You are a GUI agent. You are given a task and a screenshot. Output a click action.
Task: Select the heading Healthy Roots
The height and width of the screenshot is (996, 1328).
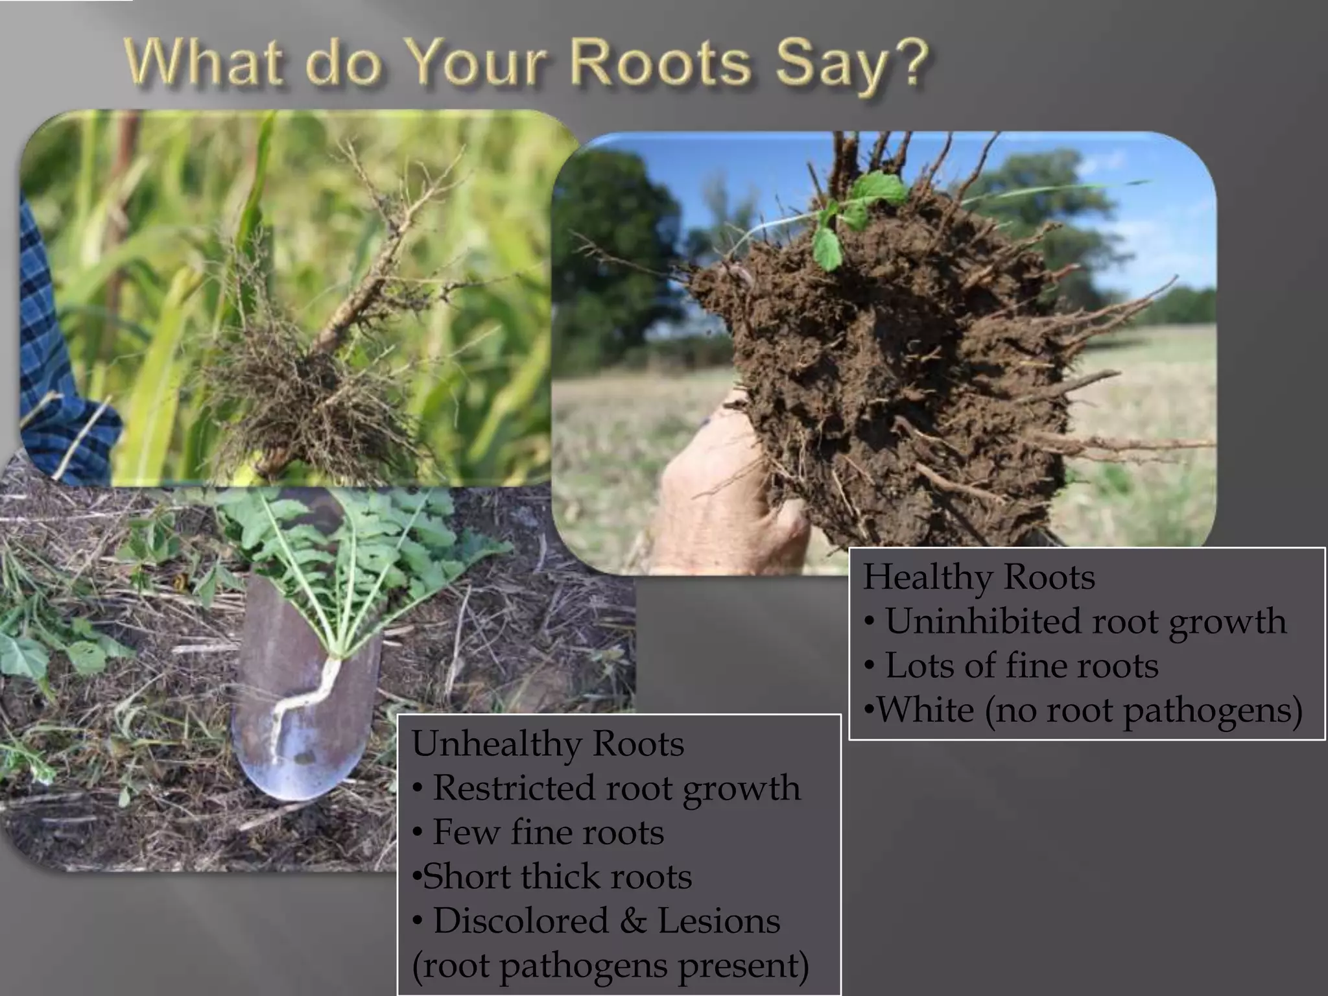pyautogui.click(x=978, y=577)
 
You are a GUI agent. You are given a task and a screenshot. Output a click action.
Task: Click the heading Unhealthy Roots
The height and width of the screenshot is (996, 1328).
pyautogui.click(x=548, y=744)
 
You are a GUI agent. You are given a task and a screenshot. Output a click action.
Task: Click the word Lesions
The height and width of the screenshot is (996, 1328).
pyautogui.click(x=718, y=921)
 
